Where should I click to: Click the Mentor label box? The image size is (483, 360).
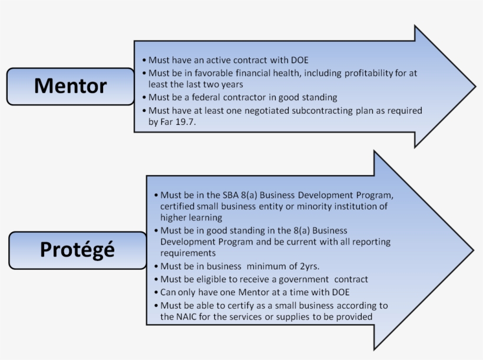click(70, 86)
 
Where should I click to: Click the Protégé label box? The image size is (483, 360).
click(77, 250)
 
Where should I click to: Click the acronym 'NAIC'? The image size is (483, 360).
click(187, 316)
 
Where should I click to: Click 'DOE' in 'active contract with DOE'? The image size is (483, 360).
click(299, 60)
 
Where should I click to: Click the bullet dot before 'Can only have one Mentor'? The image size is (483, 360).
click(156, 292)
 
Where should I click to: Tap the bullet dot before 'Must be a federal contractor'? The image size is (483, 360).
click(144, 98)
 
